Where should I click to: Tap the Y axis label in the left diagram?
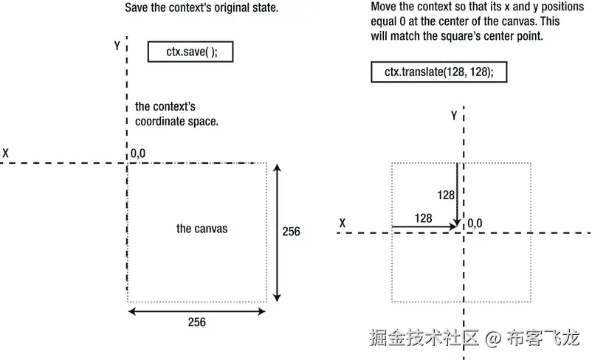click(x=117, y=46)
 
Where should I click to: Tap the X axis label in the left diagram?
click(x=6, y=153)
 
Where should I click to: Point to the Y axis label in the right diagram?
click(x=454, y=116)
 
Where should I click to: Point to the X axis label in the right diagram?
click(x=343, y=222)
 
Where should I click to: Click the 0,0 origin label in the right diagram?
click(x=475, y=223)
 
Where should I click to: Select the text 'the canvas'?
click(x=202, y=229)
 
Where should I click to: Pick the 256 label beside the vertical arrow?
click(x=292, y=232)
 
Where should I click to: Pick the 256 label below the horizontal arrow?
click(x=196, y=322)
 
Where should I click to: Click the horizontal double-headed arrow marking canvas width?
click(x=196, y=311)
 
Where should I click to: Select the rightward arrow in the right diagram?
click(x=424, y=226)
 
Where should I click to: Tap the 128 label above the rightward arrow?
click(x=423, y=218)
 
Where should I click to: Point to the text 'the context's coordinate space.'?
click(x=177, y=114)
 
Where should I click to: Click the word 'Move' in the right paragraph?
click(x=385, y=7)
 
